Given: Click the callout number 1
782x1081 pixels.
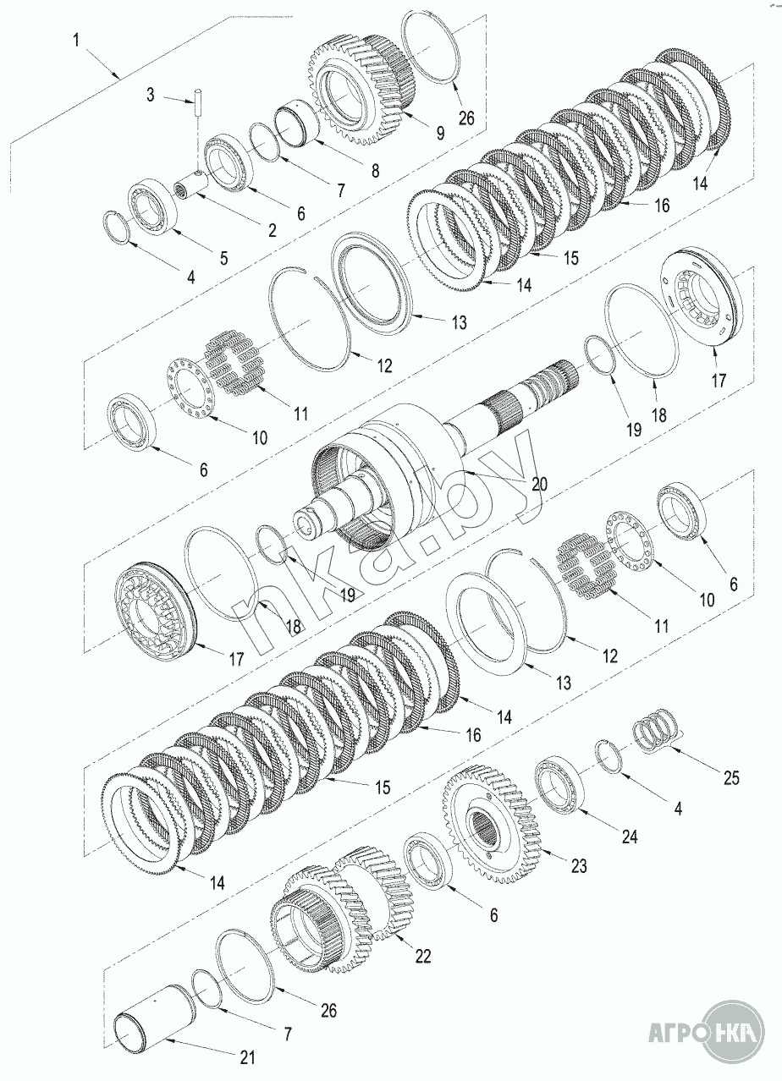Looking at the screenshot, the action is [76, 40].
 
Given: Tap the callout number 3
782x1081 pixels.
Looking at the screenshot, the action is [151, 95].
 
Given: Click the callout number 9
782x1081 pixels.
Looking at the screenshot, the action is [440, 132].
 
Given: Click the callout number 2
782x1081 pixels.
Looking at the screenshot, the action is [273, 230].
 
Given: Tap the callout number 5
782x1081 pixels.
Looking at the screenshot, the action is [224, 258].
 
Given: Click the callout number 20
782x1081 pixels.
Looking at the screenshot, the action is [539, 483].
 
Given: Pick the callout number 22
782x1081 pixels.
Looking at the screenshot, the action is [423, 956].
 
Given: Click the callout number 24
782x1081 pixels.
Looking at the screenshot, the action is [630, 837].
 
